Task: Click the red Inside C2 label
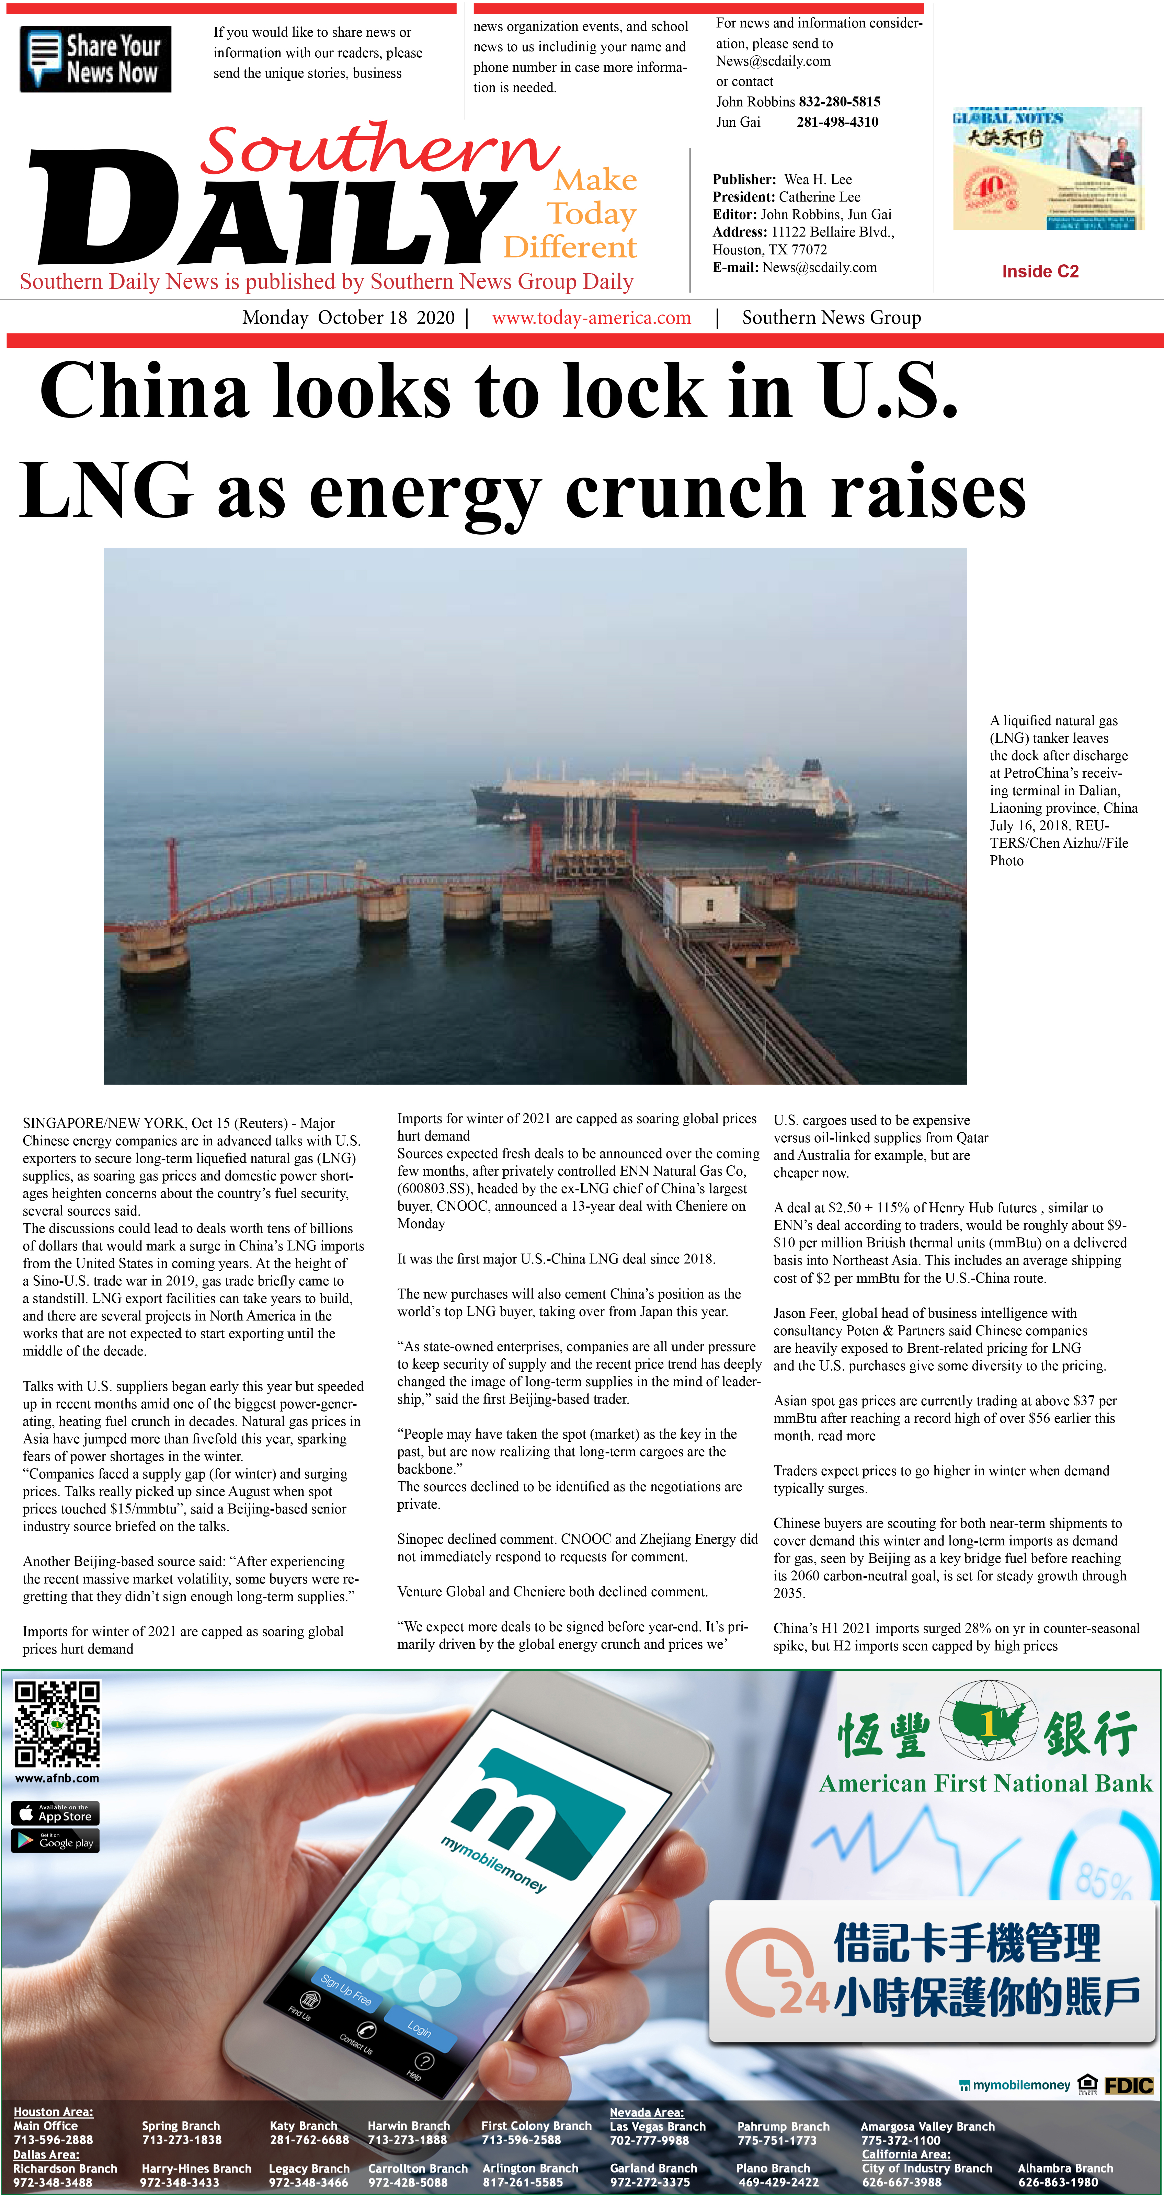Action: [1040, 271]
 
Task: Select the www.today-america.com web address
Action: [591, 318]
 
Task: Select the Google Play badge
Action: [55, 1841]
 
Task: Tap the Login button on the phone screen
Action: [419, 2029]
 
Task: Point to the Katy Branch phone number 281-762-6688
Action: [308, 2140]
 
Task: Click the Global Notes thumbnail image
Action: [1047, 169]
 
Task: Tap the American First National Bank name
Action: [985, 1783]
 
